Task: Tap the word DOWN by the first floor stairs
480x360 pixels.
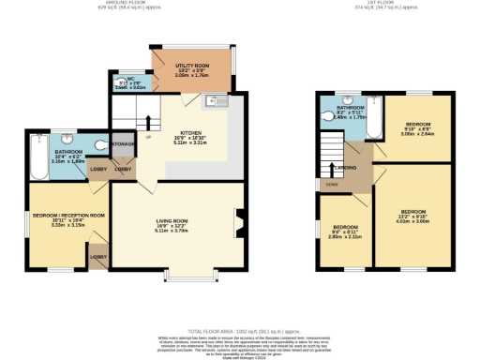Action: pos(331,185)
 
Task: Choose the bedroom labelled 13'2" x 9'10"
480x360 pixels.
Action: pos(413,213)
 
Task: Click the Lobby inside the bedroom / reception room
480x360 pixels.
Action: pos(97,255)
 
